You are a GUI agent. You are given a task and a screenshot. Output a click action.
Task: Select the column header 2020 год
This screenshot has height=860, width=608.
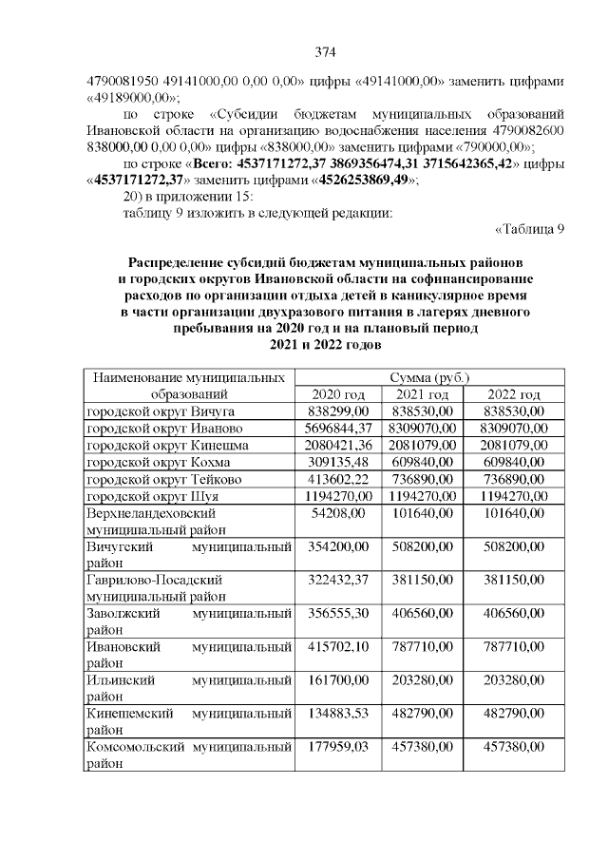coord(339,394)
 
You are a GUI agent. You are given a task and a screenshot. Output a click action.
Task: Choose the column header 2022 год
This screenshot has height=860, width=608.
coord(514,394)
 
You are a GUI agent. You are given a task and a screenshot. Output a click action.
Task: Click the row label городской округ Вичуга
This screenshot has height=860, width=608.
coord(161,411)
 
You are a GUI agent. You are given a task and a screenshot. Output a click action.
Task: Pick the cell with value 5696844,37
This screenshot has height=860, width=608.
coord(339,429)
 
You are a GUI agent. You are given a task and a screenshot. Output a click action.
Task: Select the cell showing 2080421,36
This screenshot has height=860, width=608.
coord(339,446)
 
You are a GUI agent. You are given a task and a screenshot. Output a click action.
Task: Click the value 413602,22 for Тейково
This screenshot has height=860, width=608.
coord(339,480)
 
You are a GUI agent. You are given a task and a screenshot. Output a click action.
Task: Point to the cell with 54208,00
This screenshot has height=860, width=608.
coord(339,514)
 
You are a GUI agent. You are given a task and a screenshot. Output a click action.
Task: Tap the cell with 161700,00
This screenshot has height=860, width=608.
coord(339,685)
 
